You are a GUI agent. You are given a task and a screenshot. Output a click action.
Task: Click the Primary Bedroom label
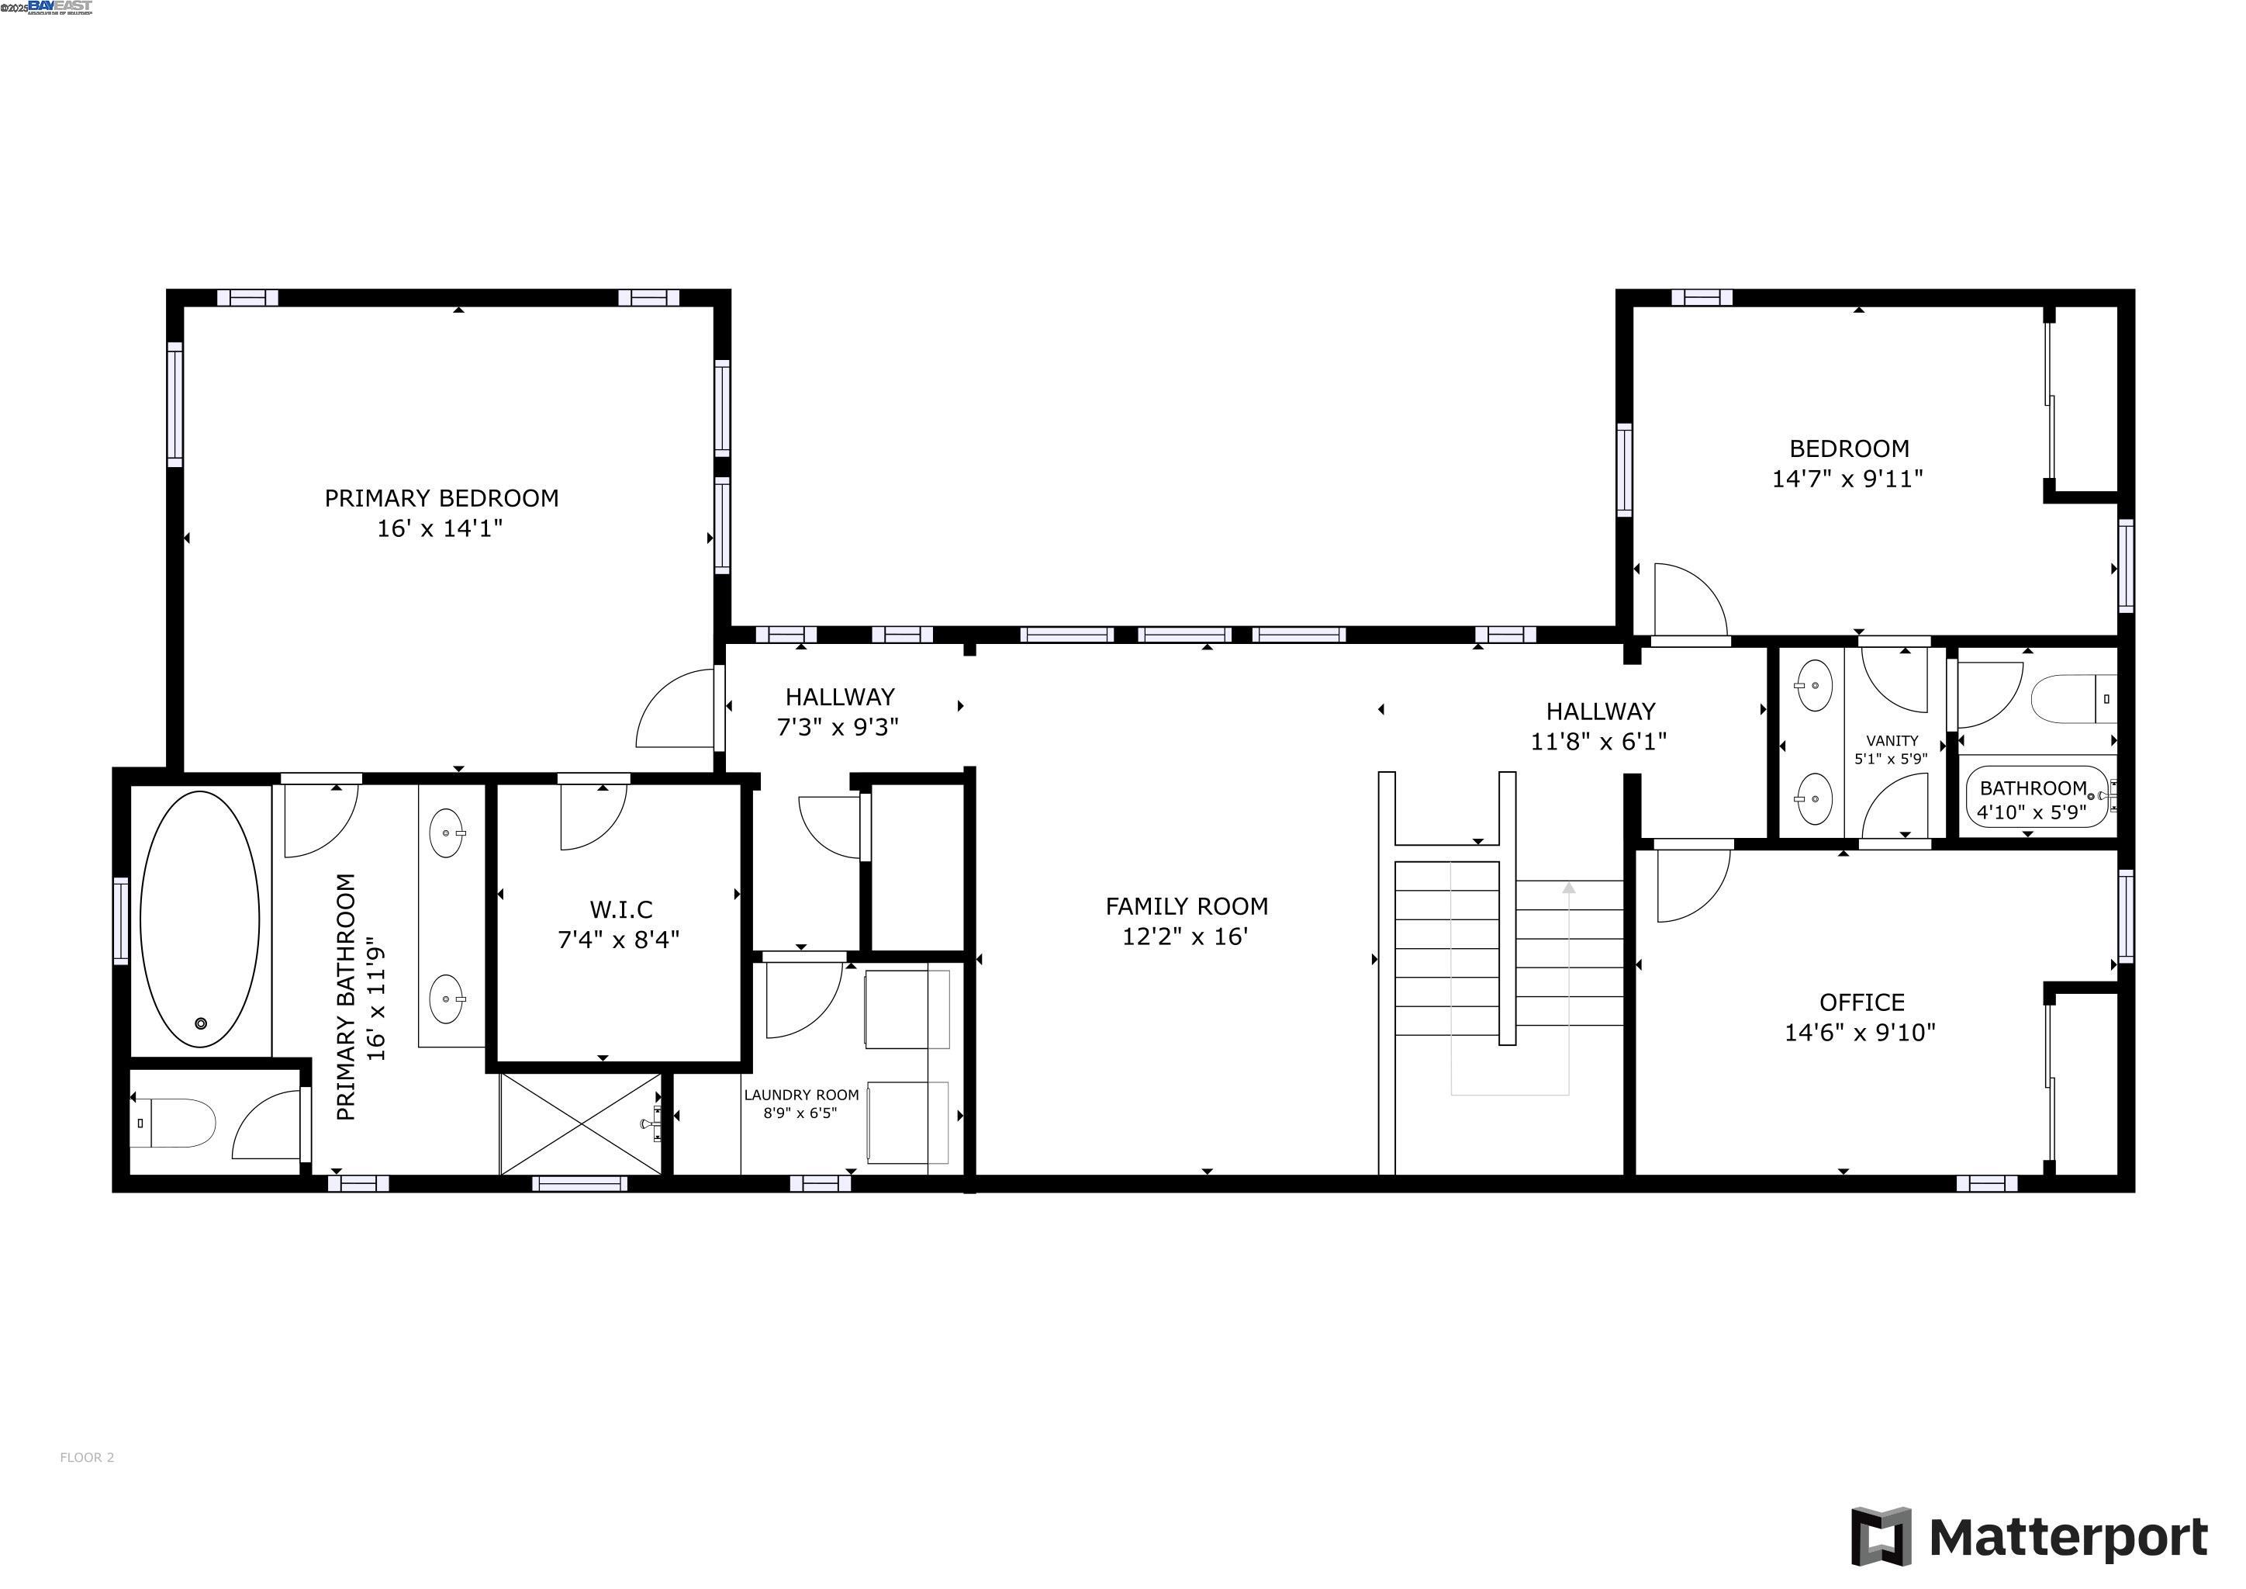[x=441, y=498]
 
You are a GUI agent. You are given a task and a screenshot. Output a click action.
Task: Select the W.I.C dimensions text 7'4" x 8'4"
[x=618, y=940]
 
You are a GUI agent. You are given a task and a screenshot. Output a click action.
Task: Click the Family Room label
[x=1186, y=906]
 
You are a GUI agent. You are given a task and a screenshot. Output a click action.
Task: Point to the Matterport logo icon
[x=1880, y=1536]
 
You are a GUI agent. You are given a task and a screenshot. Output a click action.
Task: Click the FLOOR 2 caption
[x=87, y=1457]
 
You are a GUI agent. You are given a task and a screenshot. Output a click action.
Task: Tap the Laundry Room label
[x=801, y=1095]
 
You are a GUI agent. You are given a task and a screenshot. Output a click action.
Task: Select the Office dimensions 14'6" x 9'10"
[x=1860, y=1032]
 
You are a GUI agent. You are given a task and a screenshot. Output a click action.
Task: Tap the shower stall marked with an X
[x=581, y=1123]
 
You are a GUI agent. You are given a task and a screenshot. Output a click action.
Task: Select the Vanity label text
[x=1891, y=741]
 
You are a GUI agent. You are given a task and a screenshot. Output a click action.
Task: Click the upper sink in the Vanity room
[x=1815, y=685]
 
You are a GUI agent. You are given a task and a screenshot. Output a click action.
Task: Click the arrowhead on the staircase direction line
[x=1568, y=888]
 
